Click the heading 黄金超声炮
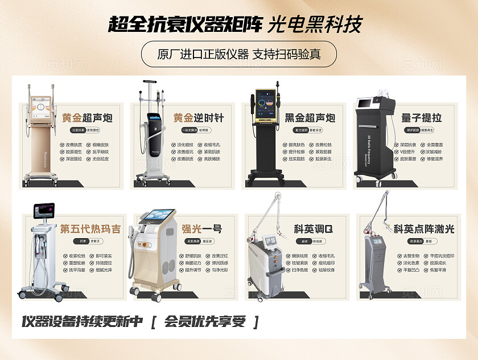click(x=87, y=118)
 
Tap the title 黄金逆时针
click(x=199, y=118)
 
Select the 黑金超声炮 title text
click(x=310, y=118)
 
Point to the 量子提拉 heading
click(x=422, y=118)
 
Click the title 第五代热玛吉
click(x=90, y=229)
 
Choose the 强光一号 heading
click(x=201, y=229)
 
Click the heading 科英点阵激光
click(x=424, y=229)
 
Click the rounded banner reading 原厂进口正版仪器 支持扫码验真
click(x=239, y=55)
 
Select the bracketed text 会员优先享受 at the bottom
click(x=205, y=321)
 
